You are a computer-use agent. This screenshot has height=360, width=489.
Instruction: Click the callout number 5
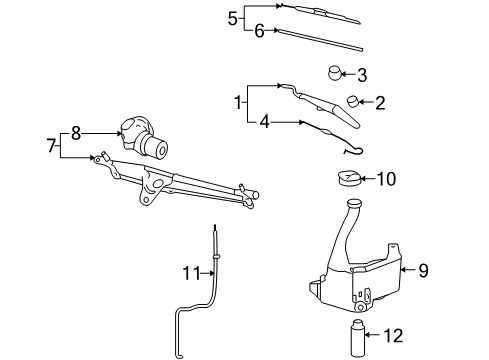[x=233, y=18]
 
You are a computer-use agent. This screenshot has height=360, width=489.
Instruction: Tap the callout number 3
[x=362, y=74]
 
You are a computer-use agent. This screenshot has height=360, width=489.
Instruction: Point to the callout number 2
[x=379, y=101]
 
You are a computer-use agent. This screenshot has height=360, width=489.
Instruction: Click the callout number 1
[x=237, y=101]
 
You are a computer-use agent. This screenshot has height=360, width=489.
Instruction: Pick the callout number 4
[x=264, y=122]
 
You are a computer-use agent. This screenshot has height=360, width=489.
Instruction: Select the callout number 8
[x=75, y=130]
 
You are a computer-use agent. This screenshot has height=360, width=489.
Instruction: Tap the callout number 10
[x=386, y=179]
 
